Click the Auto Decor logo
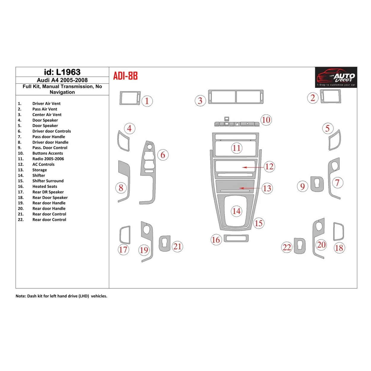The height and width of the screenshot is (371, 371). point(336,77)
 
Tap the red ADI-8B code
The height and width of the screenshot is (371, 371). point(125,76)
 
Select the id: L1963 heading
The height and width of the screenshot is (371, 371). point(62,72)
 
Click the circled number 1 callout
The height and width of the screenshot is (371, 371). point(147,101)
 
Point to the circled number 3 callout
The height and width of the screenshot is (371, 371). point(200,101)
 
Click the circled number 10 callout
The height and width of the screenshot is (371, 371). point(266,120)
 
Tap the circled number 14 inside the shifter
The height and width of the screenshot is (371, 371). point(236,211)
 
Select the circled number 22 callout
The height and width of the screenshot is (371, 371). point(287,247)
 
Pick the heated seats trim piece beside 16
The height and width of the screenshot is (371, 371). point(236,238)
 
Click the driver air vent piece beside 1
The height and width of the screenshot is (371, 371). point(130,98)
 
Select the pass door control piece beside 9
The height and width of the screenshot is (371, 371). point(317,184)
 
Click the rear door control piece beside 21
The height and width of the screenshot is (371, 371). point(165,244)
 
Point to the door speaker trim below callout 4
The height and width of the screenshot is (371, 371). point(123,141)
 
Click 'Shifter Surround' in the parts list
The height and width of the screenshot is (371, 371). point(48,181)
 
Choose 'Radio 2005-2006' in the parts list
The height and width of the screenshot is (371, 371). point(48,159)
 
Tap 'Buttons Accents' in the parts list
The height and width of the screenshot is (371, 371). point(47,153)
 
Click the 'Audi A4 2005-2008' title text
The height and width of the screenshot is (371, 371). point(62,80)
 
